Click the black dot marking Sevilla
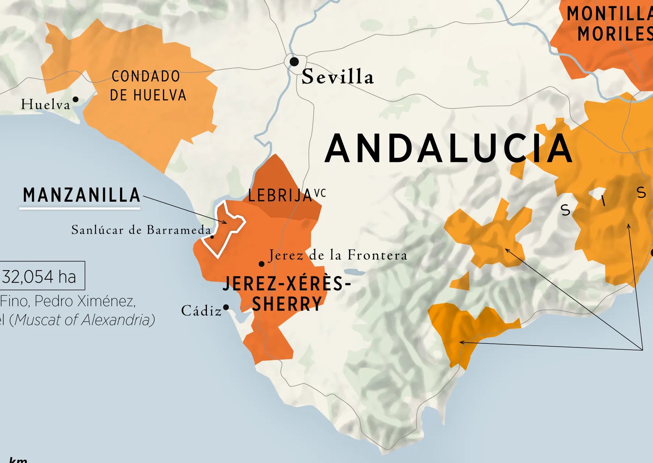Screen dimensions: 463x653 (x=294, y=61)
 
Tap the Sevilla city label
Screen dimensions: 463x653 (x=338, y=77)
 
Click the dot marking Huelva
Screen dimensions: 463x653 (x=75, y=99)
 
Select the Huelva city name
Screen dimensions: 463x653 (x=45, y=105)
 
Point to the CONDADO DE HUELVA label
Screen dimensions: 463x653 (x=147, y=86)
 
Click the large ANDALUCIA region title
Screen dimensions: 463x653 (x=448, y=148)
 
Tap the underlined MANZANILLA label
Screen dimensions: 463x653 (x=81, y=195)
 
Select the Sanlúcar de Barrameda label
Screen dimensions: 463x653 (x=141, y=230)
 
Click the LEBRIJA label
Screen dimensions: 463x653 (x=280, y=195)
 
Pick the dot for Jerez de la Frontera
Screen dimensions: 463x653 (x=262, y=264)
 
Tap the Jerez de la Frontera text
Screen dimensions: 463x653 (x=338, y=255)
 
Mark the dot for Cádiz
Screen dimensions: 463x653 (x=226, y=307)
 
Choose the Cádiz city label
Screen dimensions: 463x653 (x=201, y=311)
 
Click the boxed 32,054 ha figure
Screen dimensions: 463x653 (x=40, y=276)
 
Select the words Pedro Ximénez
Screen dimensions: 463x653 (x=85, y=301)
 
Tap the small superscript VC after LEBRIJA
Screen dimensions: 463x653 (x=320, y=193)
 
